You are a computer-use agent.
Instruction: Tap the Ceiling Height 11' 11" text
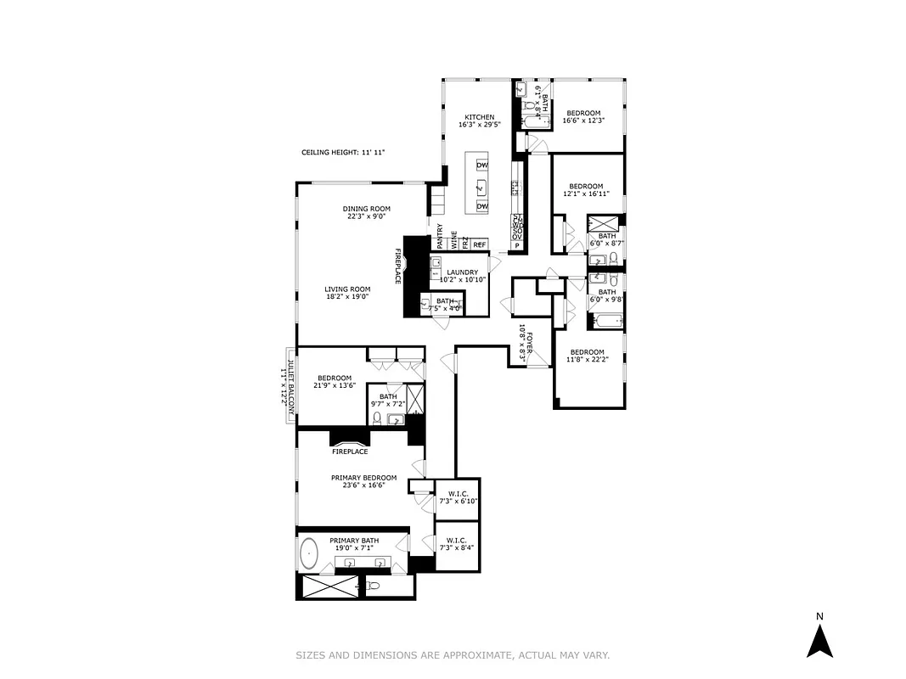coord(343,153)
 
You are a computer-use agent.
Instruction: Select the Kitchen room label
coord(479,117)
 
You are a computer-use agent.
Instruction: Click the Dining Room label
coord(367,209)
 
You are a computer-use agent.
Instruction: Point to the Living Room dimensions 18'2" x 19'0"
coord(347,297)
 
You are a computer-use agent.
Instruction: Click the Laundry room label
coord(463,272)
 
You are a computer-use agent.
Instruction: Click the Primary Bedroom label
coord(363,478)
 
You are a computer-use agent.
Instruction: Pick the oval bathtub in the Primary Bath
coord(309,554)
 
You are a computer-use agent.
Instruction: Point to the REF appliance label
coord(480,244)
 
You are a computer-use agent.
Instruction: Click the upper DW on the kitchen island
coord(482,165)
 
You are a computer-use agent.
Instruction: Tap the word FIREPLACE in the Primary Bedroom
coord(350,452)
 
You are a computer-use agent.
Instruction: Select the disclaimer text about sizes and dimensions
coord(453,655)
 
